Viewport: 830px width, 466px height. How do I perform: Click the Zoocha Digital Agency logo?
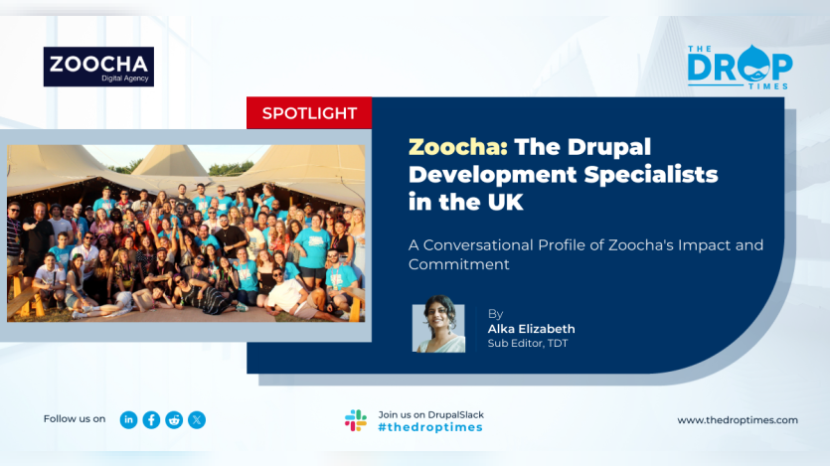(98, 67)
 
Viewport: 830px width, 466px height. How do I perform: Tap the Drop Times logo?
(740, 68)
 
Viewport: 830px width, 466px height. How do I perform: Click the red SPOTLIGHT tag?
(309, 112)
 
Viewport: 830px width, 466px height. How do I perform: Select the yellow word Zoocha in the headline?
(458, 146)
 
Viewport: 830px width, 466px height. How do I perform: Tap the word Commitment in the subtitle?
(458, 264)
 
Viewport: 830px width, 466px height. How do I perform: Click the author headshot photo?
(438, 324)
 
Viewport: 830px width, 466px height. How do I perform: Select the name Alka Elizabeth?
(531, 329)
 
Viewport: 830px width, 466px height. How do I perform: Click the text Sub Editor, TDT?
(527, 343)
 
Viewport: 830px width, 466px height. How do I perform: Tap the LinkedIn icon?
(128, 420)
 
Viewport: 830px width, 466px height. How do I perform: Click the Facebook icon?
(151, 420)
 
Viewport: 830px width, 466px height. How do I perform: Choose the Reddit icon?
(174, 420)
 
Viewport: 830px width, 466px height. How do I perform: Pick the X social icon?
(197, 420)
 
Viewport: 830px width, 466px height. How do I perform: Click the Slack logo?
(356, 420)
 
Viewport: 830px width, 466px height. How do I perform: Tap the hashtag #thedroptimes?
(430, 427)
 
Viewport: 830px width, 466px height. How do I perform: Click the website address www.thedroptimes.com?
(738, 420)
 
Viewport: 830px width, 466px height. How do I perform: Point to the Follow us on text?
(75, 419)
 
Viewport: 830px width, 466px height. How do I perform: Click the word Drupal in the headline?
(608, 147)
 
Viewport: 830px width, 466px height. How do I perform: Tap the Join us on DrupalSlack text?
(430, 414)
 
